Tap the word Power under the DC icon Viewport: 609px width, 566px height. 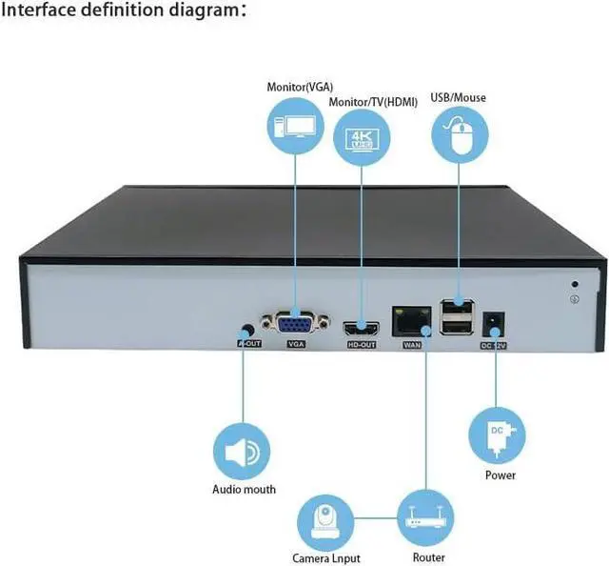pos(500,475)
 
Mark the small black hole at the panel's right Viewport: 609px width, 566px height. pos(575,283)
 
